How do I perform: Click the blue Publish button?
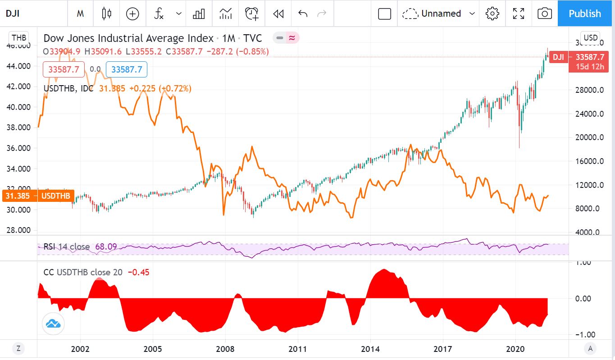click(x=585, y=14)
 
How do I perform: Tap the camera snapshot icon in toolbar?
click(x=545, y=14)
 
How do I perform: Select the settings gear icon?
click(x=492, y=14)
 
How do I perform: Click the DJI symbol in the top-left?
click(x=12, y=14)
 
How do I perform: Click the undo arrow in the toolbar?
click(x=303, y=14)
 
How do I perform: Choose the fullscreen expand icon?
click(x=519, y=14)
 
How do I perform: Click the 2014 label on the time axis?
click(x=370, y=349)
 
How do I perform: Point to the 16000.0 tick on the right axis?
click(x=592, y=161)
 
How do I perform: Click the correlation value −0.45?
click(x=139, y=272)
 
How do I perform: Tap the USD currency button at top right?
click(x=590, y=37)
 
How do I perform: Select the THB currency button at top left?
click(x=19, y=37)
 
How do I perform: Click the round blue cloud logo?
click(x=53, y=323)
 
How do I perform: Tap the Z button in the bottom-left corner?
click(x=18, y=348)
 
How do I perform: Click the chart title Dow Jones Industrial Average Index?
click(x=128, y=38)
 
